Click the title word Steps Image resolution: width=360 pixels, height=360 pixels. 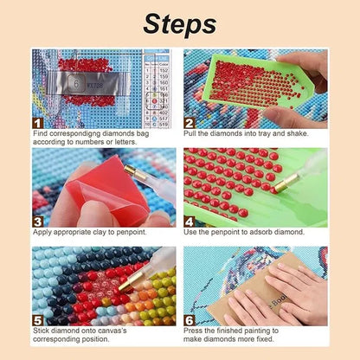[x=179, y=22]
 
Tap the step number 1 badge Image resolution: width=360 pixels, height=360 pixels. [x=37, y=123]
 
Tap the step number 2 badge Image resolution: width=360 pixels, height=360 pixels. [x=190, y=123]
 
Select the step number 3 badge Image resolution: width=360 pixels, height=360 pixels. [x=37, y=221]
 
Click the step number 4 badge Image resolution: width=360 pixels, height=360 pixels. [x=190, y=221]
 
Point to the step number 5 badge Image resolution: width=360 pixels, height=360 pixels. [x=37, y=319]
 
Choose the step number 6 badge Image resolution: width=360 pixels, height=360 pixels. [x=190, y=319]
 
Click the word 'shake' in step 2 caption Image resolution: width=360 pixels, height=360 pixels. [x=306, y=134]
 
